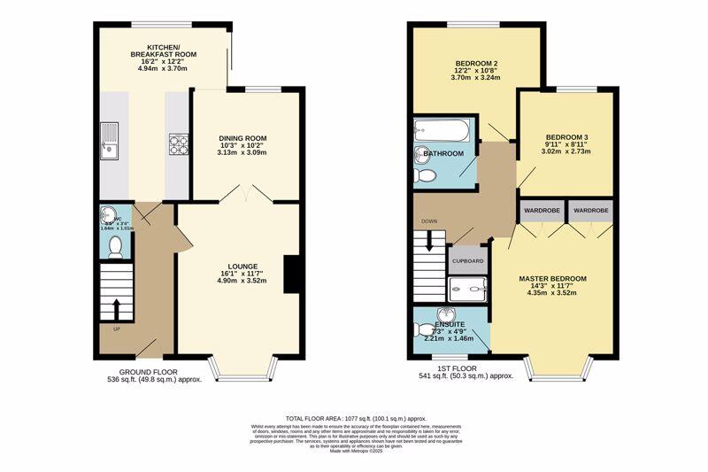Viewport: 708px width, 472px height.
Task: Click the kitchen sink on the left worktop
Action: [x=111, y=142]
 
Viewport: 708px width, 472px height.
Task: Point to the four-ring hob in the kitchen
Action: [x=178, y=143]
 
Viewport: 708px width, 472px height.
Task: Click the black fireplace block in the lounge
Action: [x=290, y=272]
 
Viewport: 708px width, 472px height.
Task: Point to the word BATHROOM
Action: [x=443, y=154]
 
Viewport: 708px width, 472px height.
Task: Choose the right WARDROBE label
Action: [x=591, y=212]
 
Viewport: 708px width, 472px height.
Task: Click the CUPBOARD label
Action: [x=468, y=261]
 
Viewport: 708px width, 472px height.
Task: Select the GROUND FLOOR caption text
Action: [x=149, y=372]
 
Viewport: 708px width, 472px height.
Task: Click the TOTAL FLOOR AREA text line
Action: [x=356, y=418]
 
